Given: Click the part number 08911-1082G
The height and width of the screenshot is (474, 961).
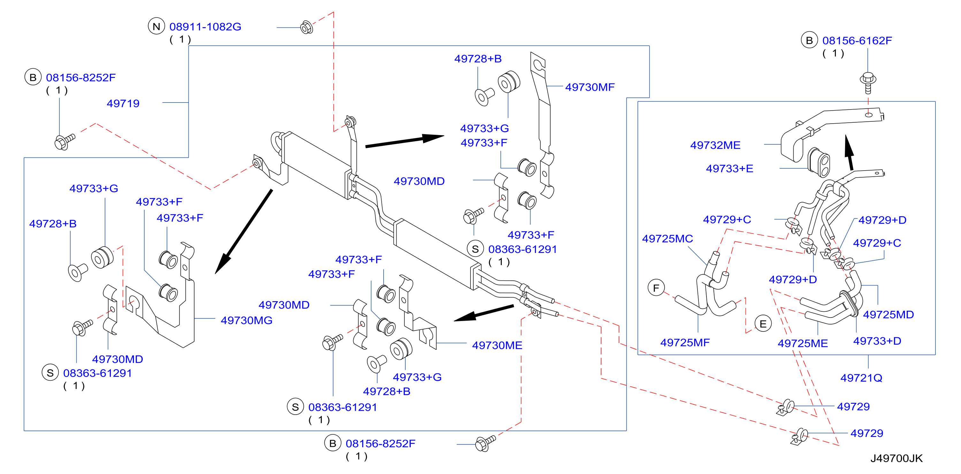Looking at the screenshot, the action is click(x=205, y=27).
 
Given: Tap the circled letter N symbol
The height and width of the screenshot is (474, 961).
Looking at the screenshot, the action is click(x=156, y=27).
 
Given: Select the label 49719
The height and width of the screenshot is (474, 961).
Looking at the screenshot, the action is click(x=123, y=103).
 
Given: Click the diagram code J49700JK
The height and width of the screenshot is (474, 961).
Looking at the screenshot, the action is click(x=896, y=458).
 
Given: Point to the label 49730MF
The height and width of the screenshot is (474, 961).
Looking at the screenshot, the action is click(x=590, y=87).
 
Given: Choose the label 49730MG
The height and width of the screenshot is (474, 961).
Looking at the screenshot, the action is click(x=247, y=320).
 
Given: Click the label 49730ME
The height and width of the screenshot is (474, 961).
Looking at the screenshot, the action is click(x=497, y=345).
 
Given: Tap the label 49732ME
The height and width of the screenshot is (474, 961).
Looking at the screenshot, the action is click(x=715, y=145).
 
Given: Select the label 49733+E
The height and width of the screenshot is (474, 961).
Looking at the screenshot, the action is click(x=729, y=169).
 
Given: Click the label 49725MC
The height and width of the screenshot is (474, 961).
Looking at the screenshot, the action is click(x=667, y=239).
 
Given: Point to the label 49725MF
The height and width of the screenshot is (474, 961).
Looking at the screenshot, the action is click(x=685, y=343).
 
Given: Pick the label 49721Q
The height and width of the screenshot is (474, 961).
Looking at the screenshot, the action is click(x=861, y=378).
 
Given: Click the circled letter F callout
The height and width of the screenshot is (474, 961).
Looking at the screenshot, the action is click(x=656, y=288).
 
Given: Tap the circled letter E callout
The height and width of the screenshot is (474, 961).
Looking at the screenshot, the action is click(x=763, y=324).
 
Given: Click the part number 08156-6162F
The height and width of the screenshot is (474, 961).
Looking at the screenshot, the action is click(x=857, y=41).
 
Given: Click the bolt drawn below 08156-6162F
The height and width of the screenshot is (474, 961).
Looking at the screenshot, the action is click(x=868, y=83).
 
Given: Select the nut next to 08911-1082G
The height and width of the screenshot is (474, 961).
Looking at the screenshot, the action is click(x=307, y=27).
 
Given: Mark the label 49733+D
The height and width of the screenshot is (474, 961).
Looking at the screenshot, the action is click(x=877, y=341).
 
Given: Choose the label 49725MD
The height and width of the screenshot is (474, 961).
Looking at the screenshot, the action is click(x=888, y=315).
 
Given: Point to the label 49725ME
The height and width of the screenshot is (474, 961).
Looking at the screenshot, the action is click(x=803, y=343).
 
